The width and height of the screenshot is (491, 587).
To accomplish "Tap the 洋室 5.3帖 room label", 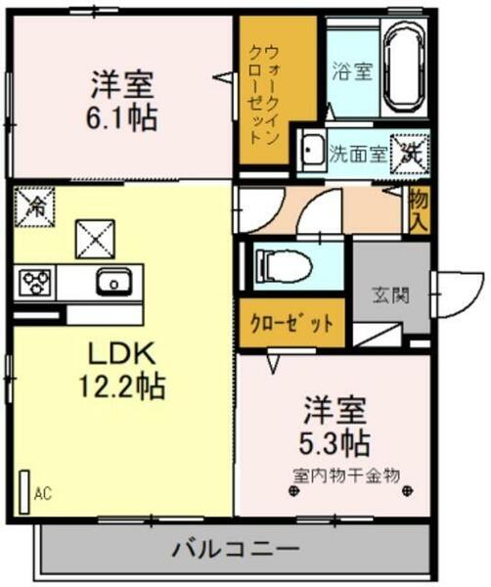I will (335, 425).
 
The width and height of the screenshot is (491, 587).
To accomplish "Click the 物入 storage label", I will (419, 209).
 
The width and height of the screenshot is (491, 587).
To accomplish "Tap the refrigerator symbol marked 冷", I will (34, 206).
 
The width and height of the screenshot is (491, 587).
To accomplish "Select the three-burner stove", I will (37, 284).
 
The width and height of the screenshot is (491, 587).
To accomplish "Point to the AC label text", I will (43, 494).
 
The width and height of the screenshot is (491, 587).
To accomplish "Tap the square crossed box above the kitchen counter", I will (96, 237).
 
